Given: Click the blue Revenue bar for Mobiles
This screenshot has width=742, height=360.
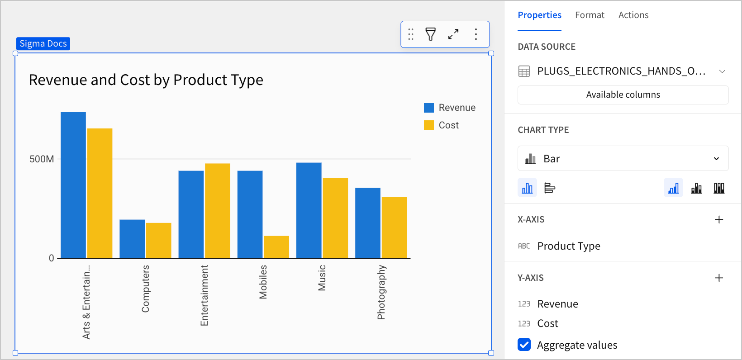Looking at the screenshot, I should (x=250, y=214).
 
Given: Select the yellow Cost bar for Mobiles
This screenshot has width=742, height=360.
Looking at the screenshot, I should (x=276, y=247).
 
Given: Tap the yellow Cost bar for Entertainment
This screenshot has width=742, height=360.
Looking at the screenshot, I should (x=218, y=211).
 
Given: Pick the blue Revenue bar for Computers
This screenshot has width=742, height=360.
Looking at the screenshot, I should (x=132, y=239).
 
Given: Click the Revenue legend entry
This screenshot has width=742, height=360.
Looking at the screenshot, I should (x=450, y=108).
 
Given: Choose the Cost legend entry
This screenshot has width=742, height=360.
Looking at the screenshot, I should (x=442, y=125).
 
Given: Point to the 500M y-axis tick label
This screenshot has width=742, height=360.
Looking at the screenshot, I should (x=42, y=159).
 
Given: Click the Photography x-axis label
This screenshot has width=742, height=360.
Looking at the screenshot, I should (x=381, y=292).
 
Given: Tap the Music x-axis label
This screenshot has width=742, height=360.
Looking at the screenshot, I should (x=322, y=278).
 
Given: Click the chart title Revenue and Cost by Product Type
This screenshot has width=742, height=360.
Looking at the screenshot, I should (x=146, y=80).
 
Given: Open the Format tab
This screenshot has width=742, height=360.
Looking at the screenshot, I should (x=590, y=15).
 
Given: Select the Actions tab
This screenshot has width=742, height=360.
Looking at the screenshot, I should (x=633, y=15).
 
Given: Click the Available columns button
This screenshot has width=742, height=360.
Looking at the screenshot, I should (x=623, y=95).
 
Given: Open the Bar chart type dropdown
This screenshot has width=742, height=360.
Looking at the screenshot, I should (x=623, y=159).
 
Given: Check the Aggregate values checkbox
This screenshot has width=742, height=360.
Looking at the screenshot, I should (x=524, y=345).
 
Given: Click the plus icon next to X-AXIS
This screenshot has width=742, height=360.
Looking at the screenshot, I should (x=719, y=220).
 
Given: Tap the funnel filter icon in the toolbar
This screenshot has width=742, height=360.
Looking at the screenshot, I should (x=431, y=34).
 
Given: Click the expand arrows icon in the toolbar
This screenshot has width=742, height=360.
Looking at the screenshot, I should (x=453, y=34).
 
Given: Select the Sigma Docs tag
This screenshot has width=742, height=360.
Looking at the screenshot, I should (x=43, y=44).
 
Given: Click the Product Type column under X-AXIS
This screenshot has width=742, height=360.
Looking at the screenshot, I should (x=568, y=246).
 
